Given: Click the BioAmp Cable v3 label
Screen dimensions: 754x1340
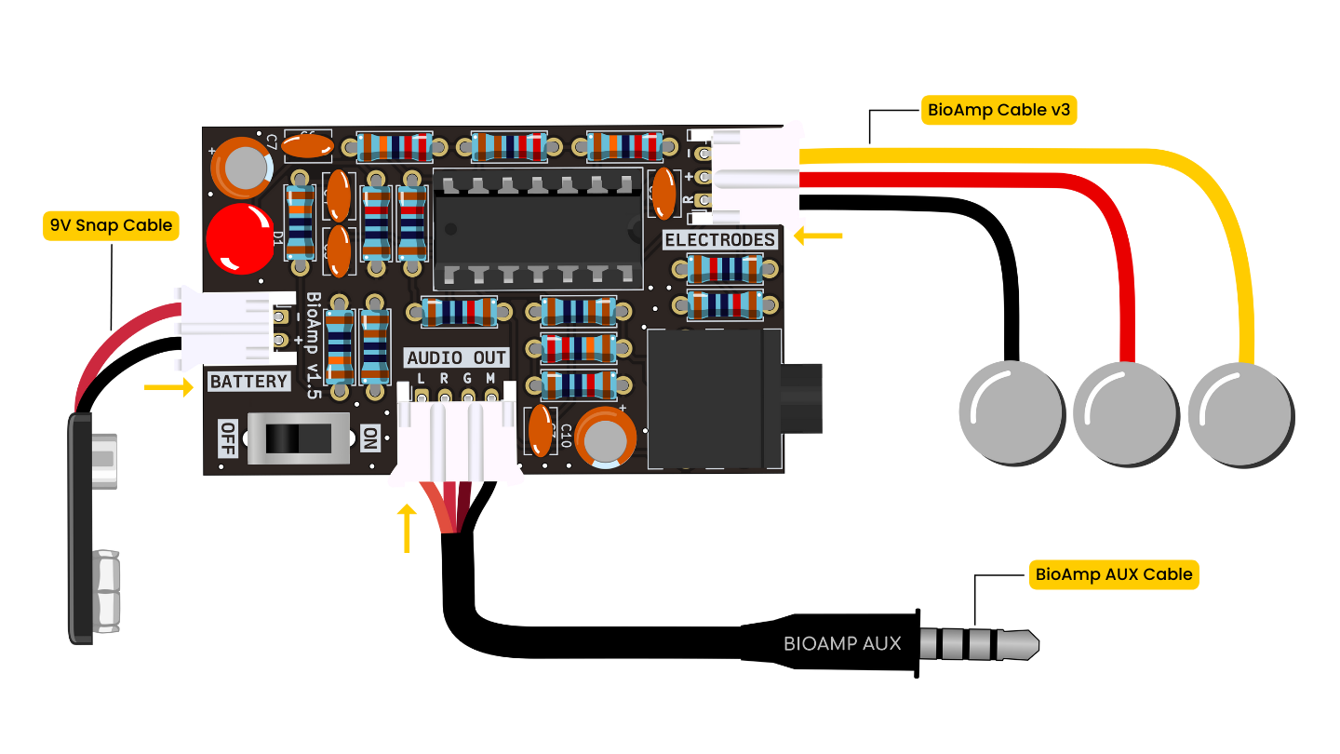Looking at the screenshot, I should tap(998, 110).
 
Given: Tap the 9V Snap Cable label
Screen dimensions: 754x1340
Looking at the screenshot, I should tap(110, 226).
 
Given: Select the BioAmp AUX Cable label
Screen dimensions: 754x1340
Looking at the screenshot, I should tap(1113, 574).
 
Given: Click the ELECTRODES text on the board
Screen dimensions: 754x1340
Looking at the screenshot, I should tap(719, 240).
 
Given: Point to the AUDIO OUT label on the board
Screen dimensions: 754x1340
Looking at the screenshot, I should tap(457, 357).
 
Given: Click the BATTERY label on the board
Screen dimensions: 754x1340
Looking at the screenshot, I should tap(248, 382).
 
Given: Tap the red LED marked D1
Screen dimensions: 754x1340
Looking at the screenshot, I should tap(237, 240).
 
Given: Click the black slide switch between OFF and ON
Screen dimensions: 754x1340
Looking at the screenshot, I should tap(297, 437).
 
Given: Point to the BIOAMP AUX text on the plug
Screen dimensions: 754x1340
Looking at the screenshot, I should tap(841, 643).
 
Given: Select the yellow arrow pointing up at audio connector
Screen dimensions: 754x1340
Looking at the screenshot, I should tap(407, 528).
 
